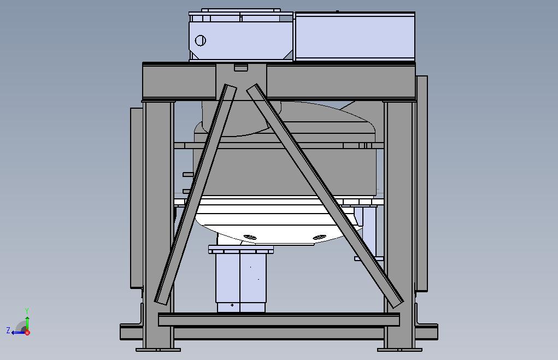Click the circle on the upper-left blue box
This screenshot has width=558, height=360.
pyautogui.click(x=201, y=40)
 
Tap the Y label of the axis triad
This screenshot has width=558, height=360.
pyautogui.click(x=27, y=311)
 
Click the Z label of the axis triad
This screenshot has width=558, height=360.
pyautogui.click(x=8, y=331)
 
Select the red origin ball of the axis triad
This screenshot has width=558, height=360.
pyautogui.click(x=27, y=333)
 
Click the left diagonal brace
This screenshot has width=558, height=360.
pyautogui.click(x=195, y=194)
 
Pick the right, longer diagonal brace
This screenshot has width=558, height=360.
pyautogui.click(x=325, y=196)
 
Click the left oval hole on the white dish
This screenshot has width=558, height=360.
pyautogui.click(x=249, y=237)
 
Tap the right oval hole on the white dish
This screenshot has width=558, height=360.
pyautogui.click(x=319, y=237)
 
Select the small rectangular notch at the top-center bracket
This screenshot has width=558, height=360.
pyautogui.click(x=241, y=68)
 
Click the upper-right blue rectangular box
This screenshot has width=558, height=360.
pyautogui.click(x=355, y=36)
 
